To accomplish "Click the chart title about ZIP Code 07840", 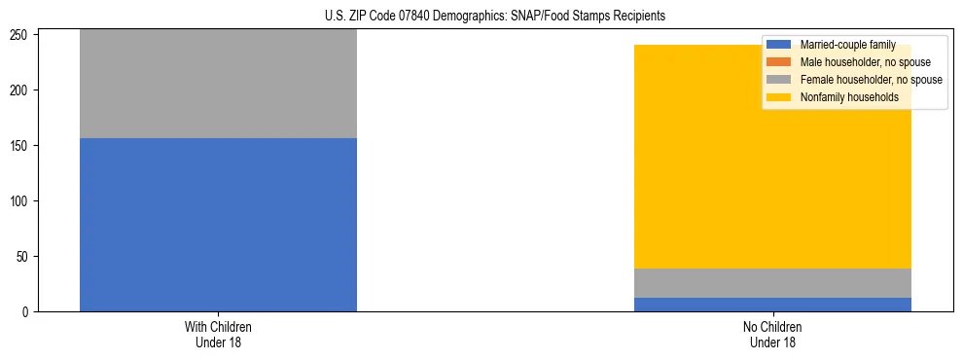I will pos(495,16).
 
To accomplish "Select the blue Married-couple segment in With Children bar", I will pos(218,225).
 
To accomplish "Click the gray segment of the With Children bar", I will pos(218,84).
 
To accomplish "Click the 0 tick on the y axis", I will pos(26,312).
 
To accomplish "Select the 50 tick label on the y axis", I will pos(23,257).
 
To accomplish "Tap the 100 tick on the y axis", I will pos(20,201).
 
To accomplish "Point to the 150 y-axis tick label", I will pos(20,146).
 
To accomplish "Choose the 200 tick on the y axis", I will pos(20,90).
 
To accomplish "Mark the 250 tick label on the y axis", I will pos(20,35).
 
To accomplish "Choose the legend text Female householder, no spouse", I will pos(871,80).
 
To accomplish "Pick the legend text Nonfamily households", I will pos(849,97).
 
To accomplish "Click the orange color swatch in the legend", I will pos(779,62).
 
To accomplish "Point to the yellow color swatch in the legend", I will pos(779,97).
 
